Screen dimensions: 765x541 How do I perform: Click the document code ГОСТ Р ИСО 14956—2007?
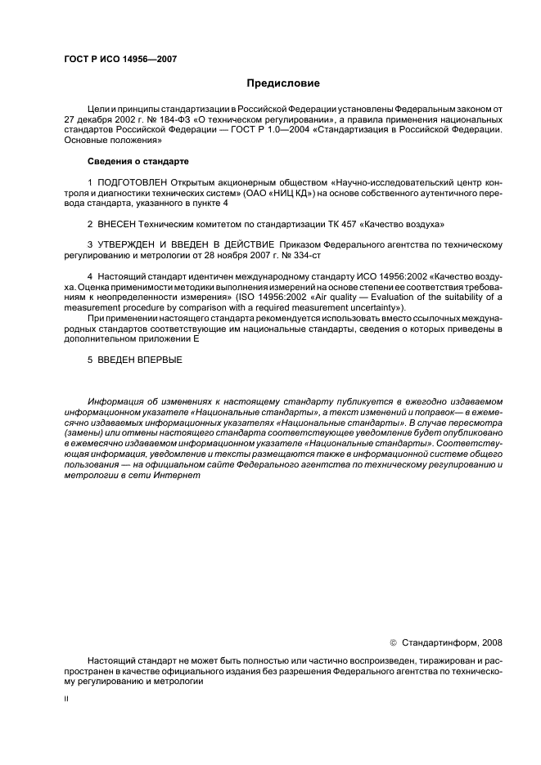pos(119,59)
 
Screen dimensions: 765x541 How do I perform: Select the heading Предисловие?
pos(283,83)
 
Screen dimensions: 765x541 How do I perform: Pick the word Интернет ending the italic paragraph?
pos(178,475)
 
